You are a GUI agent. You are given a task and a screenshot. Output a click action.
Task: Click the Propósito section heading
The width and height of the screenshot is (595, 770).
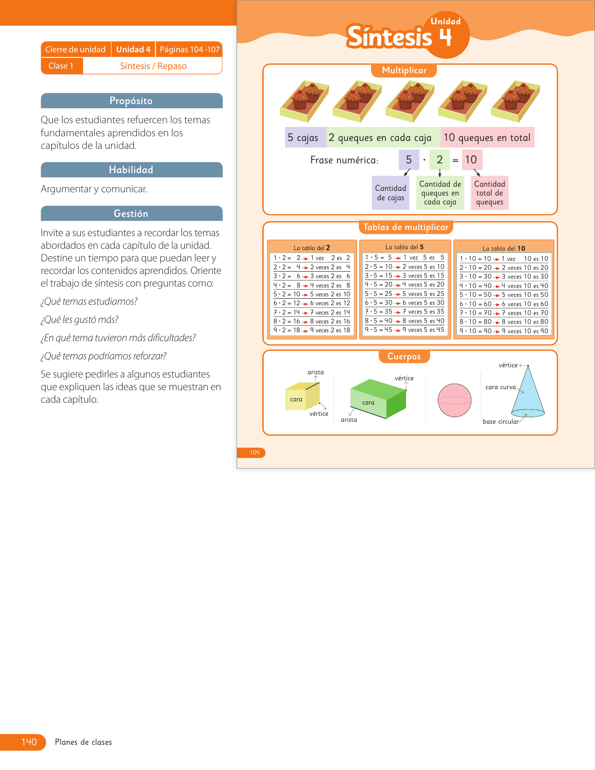(131, 101)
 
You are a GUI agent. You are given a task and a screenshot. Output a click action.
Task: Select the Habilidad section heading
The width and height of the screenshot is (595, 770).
(131, 170)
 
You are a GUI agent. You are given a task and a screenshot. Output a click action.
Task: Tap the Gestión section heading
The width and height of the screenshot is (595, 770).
(131, 214)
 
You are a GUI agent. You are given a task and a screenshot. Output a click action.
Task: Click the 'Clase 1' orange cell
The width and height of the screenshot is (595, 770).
(61, 66)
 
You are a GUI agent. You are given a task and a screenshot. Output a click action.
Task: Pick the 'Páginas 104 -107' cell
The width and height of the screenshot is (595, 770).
(189, 49)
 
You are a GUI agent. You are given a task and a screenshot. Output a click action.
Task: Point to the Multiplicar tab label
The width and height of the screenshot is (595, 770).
(404, 70)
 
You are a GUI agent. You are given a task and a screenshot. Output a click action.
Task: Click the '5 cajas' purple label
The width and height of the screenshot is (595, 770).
(303, 138)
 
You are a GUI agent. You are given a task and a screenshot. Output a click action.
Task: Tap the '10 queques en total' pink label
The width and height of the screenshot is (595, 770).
(487, 138)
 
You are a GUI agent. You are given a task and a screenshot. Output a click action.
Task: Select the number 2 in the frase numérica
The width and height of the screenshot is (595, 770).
(440, 160)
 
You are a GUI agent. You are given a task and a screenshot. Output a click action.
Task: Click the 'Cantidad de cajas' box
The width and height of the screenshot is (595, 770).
(391, 193)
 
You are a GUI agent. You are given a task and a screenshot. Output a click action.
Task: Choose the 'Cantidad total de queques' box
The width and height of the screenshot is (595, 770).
(490, 193)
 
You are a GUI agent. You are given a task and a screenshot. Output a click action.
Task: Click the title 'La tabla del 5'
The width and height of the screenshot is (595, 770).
(405, 247)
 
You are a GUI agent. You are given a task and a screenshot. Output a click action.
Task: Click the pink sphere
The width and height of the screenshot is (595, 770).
(455, 400)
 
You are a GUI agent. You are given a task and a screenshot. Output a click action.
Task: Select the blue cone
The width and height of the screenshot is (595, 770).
(529, 394)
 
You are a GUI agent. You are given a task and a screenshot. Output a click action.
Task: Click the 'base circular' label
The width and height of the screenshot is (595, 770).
(501, 421)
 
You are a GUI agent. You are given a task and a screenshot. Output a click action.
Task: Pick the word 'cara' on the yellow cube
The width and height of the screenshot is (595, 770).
(296, 399)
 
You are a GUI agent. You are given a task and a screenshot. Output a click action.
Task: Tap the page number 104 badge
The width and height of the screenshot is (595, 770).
(254, 453)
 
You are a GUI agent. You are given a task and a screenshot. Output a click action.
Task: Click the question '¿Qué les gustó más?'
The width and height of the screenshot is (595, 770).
(80, 320)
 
